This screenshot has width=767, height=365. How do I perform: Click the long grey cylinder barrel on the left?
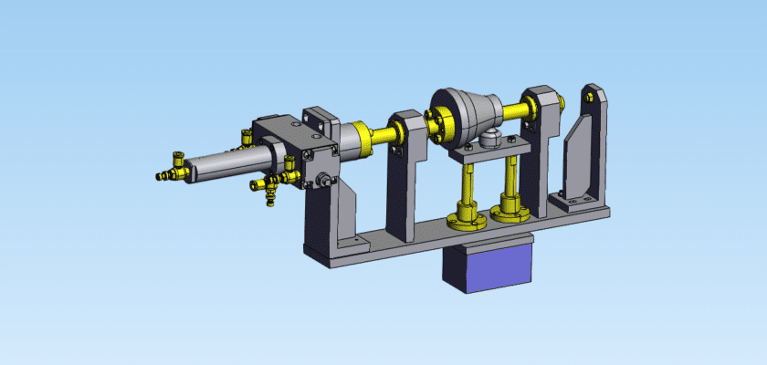coord(228,163)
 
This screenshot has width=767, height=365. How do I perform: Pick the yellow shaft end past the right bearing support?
coord(562,103)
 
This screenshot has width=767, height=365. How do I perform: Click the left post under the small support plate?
coord(468,187)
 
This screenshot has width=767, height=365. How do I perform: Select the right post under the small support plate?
coord(511,181)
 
